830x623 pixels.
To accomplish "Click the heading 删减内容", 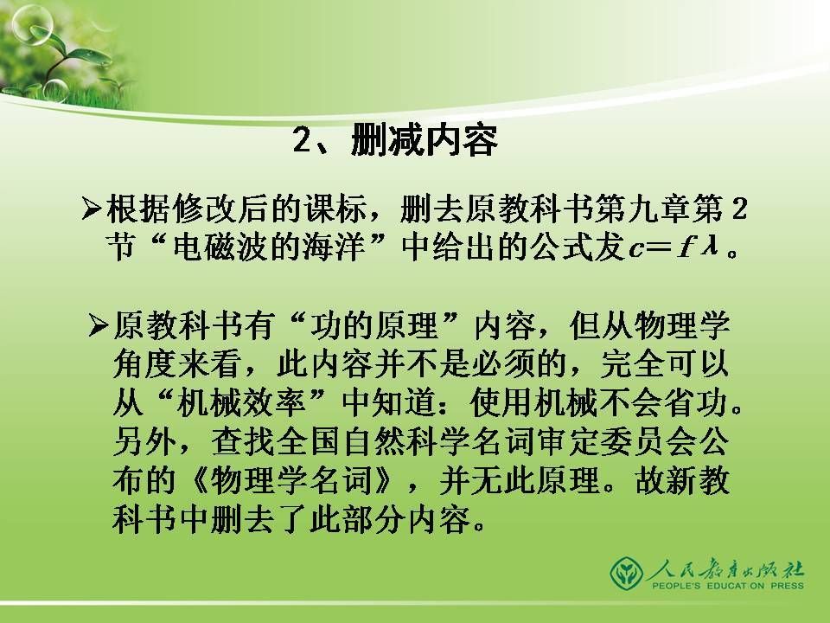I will pos(424,142).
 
